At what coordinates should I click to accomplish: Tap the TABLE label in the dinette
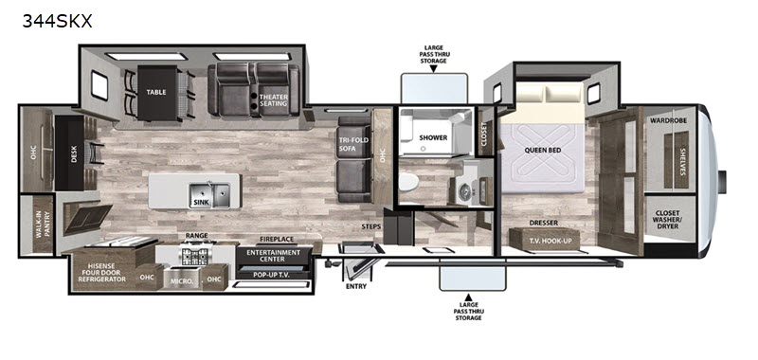156,93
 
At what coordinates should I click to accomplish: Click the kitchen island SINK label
200,202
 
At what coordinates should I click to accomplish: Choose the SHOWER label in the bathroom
432,137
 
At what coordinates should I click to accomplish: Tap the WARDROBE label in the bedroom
669,121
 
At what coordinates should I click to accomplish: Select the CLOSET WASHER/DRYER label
670,221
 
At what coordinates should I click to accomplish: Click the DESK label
74,152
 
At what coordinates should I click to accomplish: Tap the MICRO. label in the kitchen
186,280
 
